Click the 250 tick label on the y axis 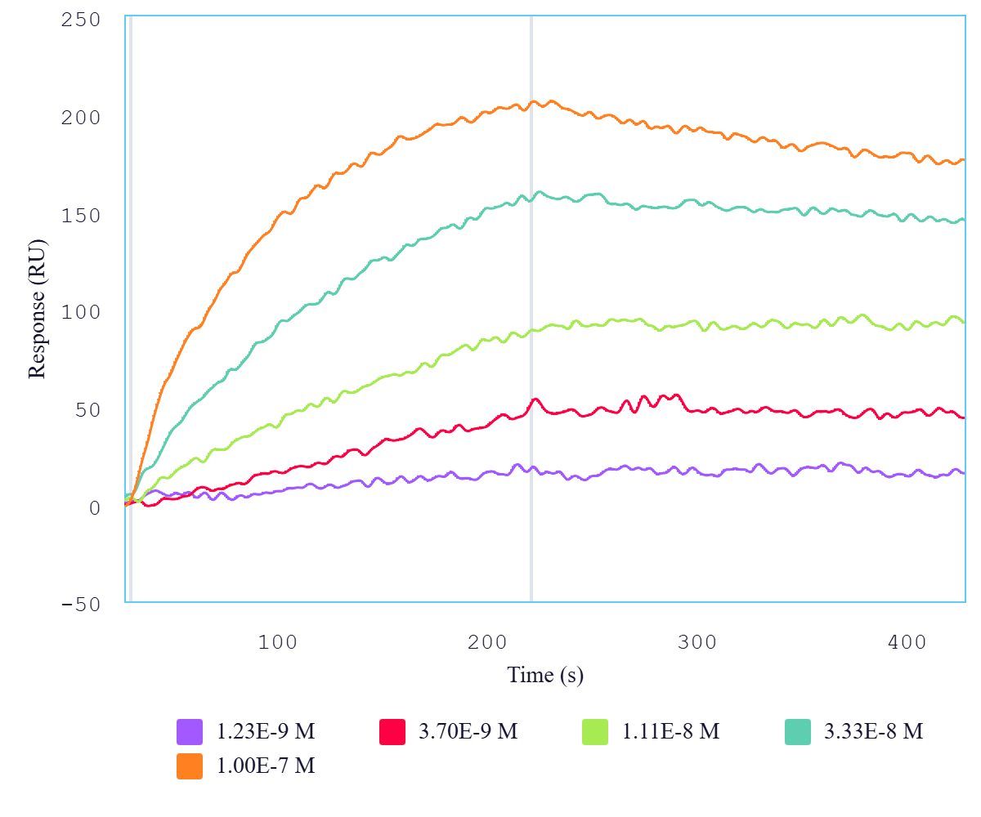click(80, 20)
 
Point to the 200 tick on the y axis click(80, 118)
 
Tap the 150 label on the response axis click(80, 215)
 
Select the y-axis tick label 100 click(80, 312)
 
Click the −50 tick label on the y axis click(80, 605)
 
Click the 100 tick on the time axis click(278, 642)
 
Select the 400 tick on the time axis click(907, 642)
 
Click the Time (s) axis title click(545, 676)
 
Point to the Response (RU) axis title click(37, 310)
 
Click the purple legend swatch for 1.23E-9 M click(190, 731)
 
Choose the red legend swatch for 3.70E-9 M click(393, 731)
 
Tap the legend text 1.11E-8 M click(670, 731)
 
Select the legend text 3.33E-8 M click(873, 731)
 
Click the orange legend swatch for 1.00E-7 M click(190, 766)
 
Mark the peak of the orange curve click(552, 101)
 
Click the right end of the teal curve click(963, 220)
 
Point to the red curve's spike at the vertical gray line click(535, 400)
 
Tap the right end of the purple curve click(963, 473)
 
